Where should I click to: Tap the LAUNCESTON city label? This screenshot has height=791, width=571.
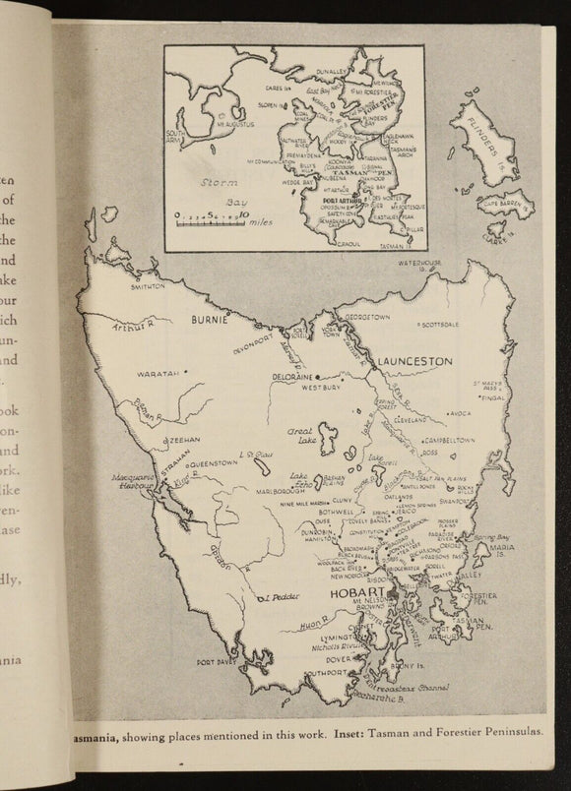click(412, 362)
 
